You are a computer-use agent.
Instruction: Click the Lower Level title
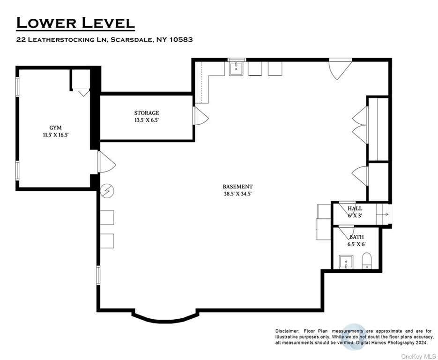point(75,23)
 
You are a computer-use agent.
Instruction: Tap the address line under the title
point(104,39)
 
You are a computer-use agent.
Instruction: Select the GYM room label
point(55,127)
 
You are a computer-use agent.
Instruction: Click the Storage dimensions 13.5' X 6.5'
point(147,120)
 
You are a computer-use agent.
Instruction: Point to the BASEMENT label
point(238,187)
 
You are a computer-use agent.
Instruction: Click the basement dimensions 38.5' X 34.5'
point(238,194)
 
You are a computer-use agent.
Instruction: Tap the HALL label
point(355,209)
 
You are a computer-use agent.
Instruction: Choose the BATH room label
point(356,237)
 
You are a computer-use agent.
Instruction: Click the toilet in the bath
point(367,261)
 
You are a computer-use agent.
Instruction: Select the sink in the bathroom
point(346,262)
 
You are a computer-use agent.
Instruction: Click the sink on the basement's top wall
point(236,68)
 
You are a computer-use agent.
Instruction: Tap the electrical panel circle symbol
point(107,191)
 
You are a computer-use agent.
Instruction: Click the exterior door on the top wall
point(340,69)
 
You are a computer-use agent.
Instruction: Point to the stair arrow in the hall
point(385,214)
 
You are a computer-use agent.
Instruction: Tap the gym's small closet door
point(82,92)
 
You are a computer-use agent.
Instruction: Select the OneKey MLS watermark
point(419,356)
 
